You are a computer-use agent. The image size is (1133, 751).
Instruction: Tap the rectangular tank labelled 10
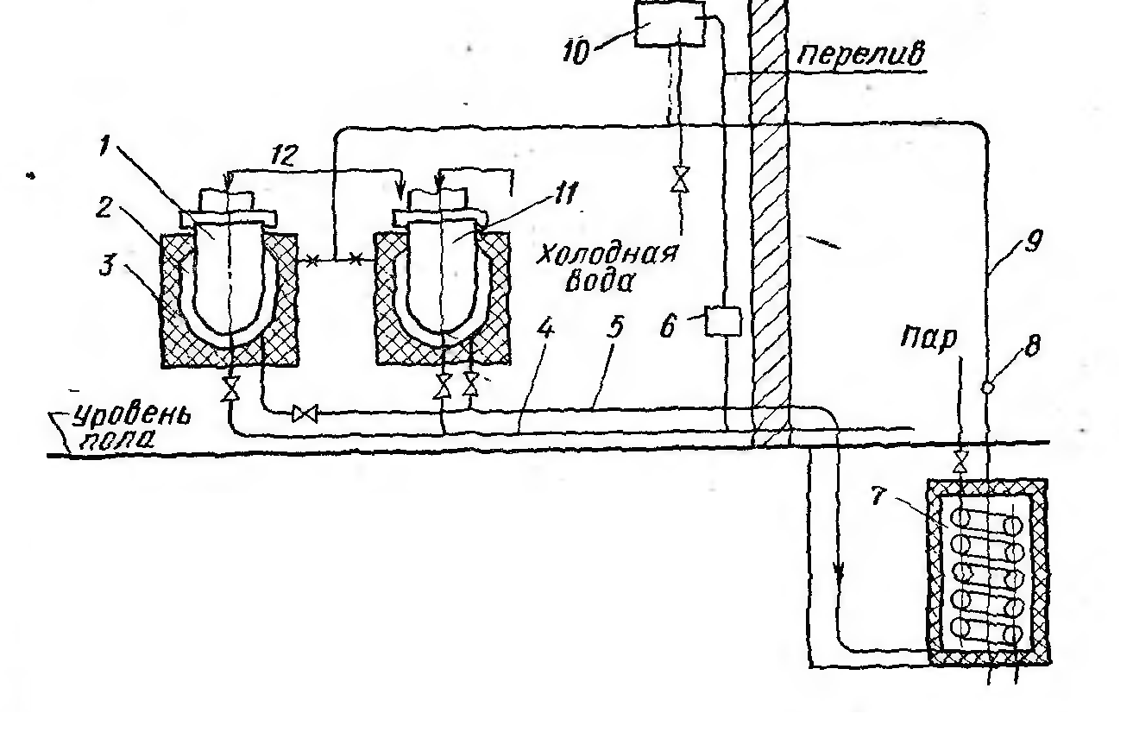pyautogui.click(x=669, y=24)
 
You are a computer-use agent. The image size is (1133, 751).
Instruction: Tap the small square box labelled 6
pyautogui.click(x=723, y=322)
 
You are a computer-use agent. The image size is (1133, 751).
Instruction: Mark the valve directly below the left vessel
pyautogui.click(x=230, y=388)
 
